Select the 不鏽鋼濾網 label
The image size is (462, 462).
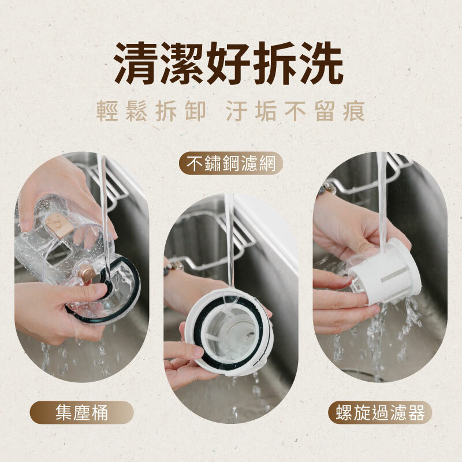230,164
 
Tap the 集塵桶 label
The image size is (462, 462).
81,412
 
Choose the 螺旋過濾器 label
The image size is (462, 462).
381,412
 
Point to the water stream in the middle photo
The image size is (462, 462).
229,243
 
